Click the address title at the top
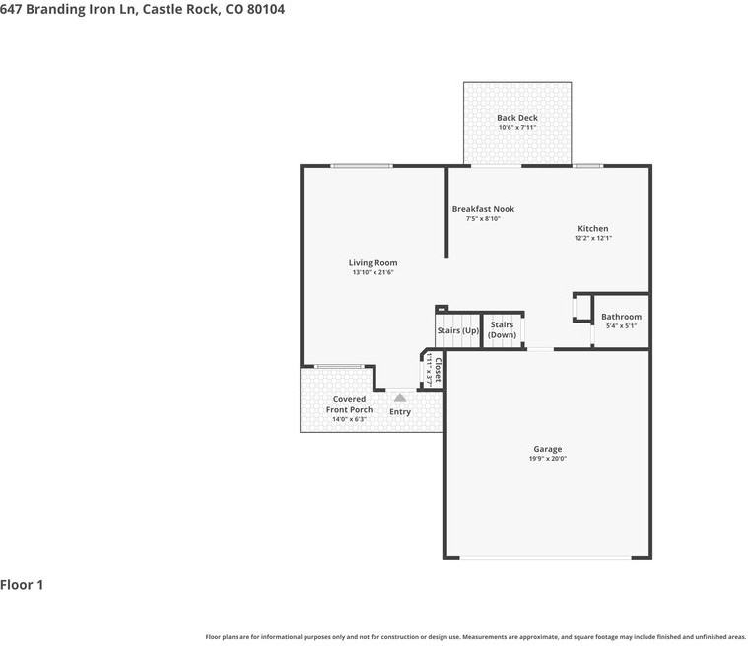point(143,9)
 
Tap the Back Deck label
point(517,118)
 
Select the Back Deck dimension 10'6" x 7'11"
point(517,128)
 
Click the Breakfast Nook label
point(483,209)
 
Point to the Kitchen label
point(593,229)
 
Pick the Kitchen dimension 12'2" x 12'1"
point(593,238)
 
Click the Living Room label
point(373,263)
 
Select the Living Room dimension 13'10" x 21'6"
point(373,273)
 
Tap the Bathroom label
point(621,317)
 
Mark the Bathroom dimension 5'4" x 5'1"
point(621,326)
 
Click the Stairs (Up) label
point(458,330)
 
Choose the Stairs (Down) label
point(502,329)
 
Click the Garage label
point(548,449)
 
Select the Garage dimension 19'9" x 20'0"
point(548,459)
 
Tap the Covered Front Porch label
point(349,404)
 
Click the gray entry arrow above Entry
point(400,396)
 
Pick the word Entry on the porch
point(400,412)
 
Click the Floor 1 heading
point(22,585)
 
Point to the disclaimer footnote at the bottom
point(475,637)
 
